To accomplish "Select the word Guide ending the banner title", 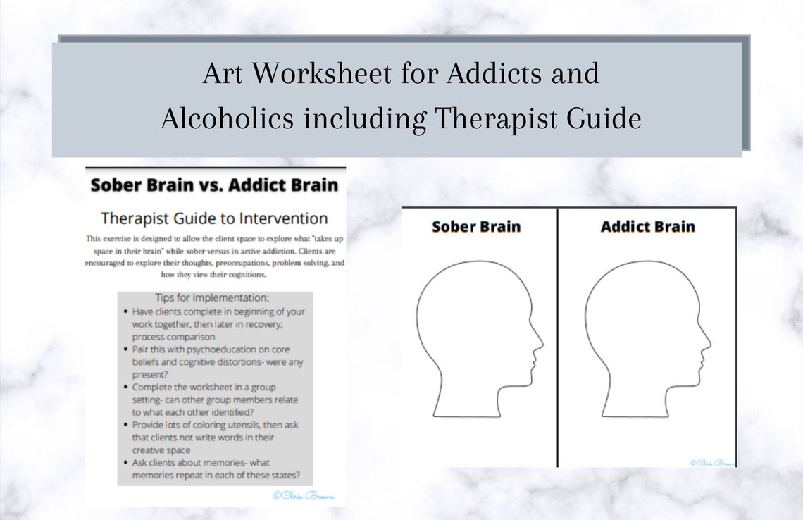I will click(606, 118).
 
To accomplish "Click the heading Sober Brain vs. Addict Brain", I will click(215, 186).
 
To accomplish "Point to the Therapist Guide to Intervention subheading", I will click(214, 218).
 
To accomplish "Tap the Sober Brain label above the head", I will click(476, 227).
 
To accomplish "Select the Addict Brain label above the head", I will click(647, 227).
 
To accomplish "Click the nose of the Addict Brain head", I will click(708, 345).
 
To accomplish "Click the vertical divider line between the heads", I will click(558, 338).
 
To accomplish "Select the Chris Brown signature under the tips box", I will click(309, 495).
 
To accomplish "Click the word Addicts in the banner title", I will click(502, 74).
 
